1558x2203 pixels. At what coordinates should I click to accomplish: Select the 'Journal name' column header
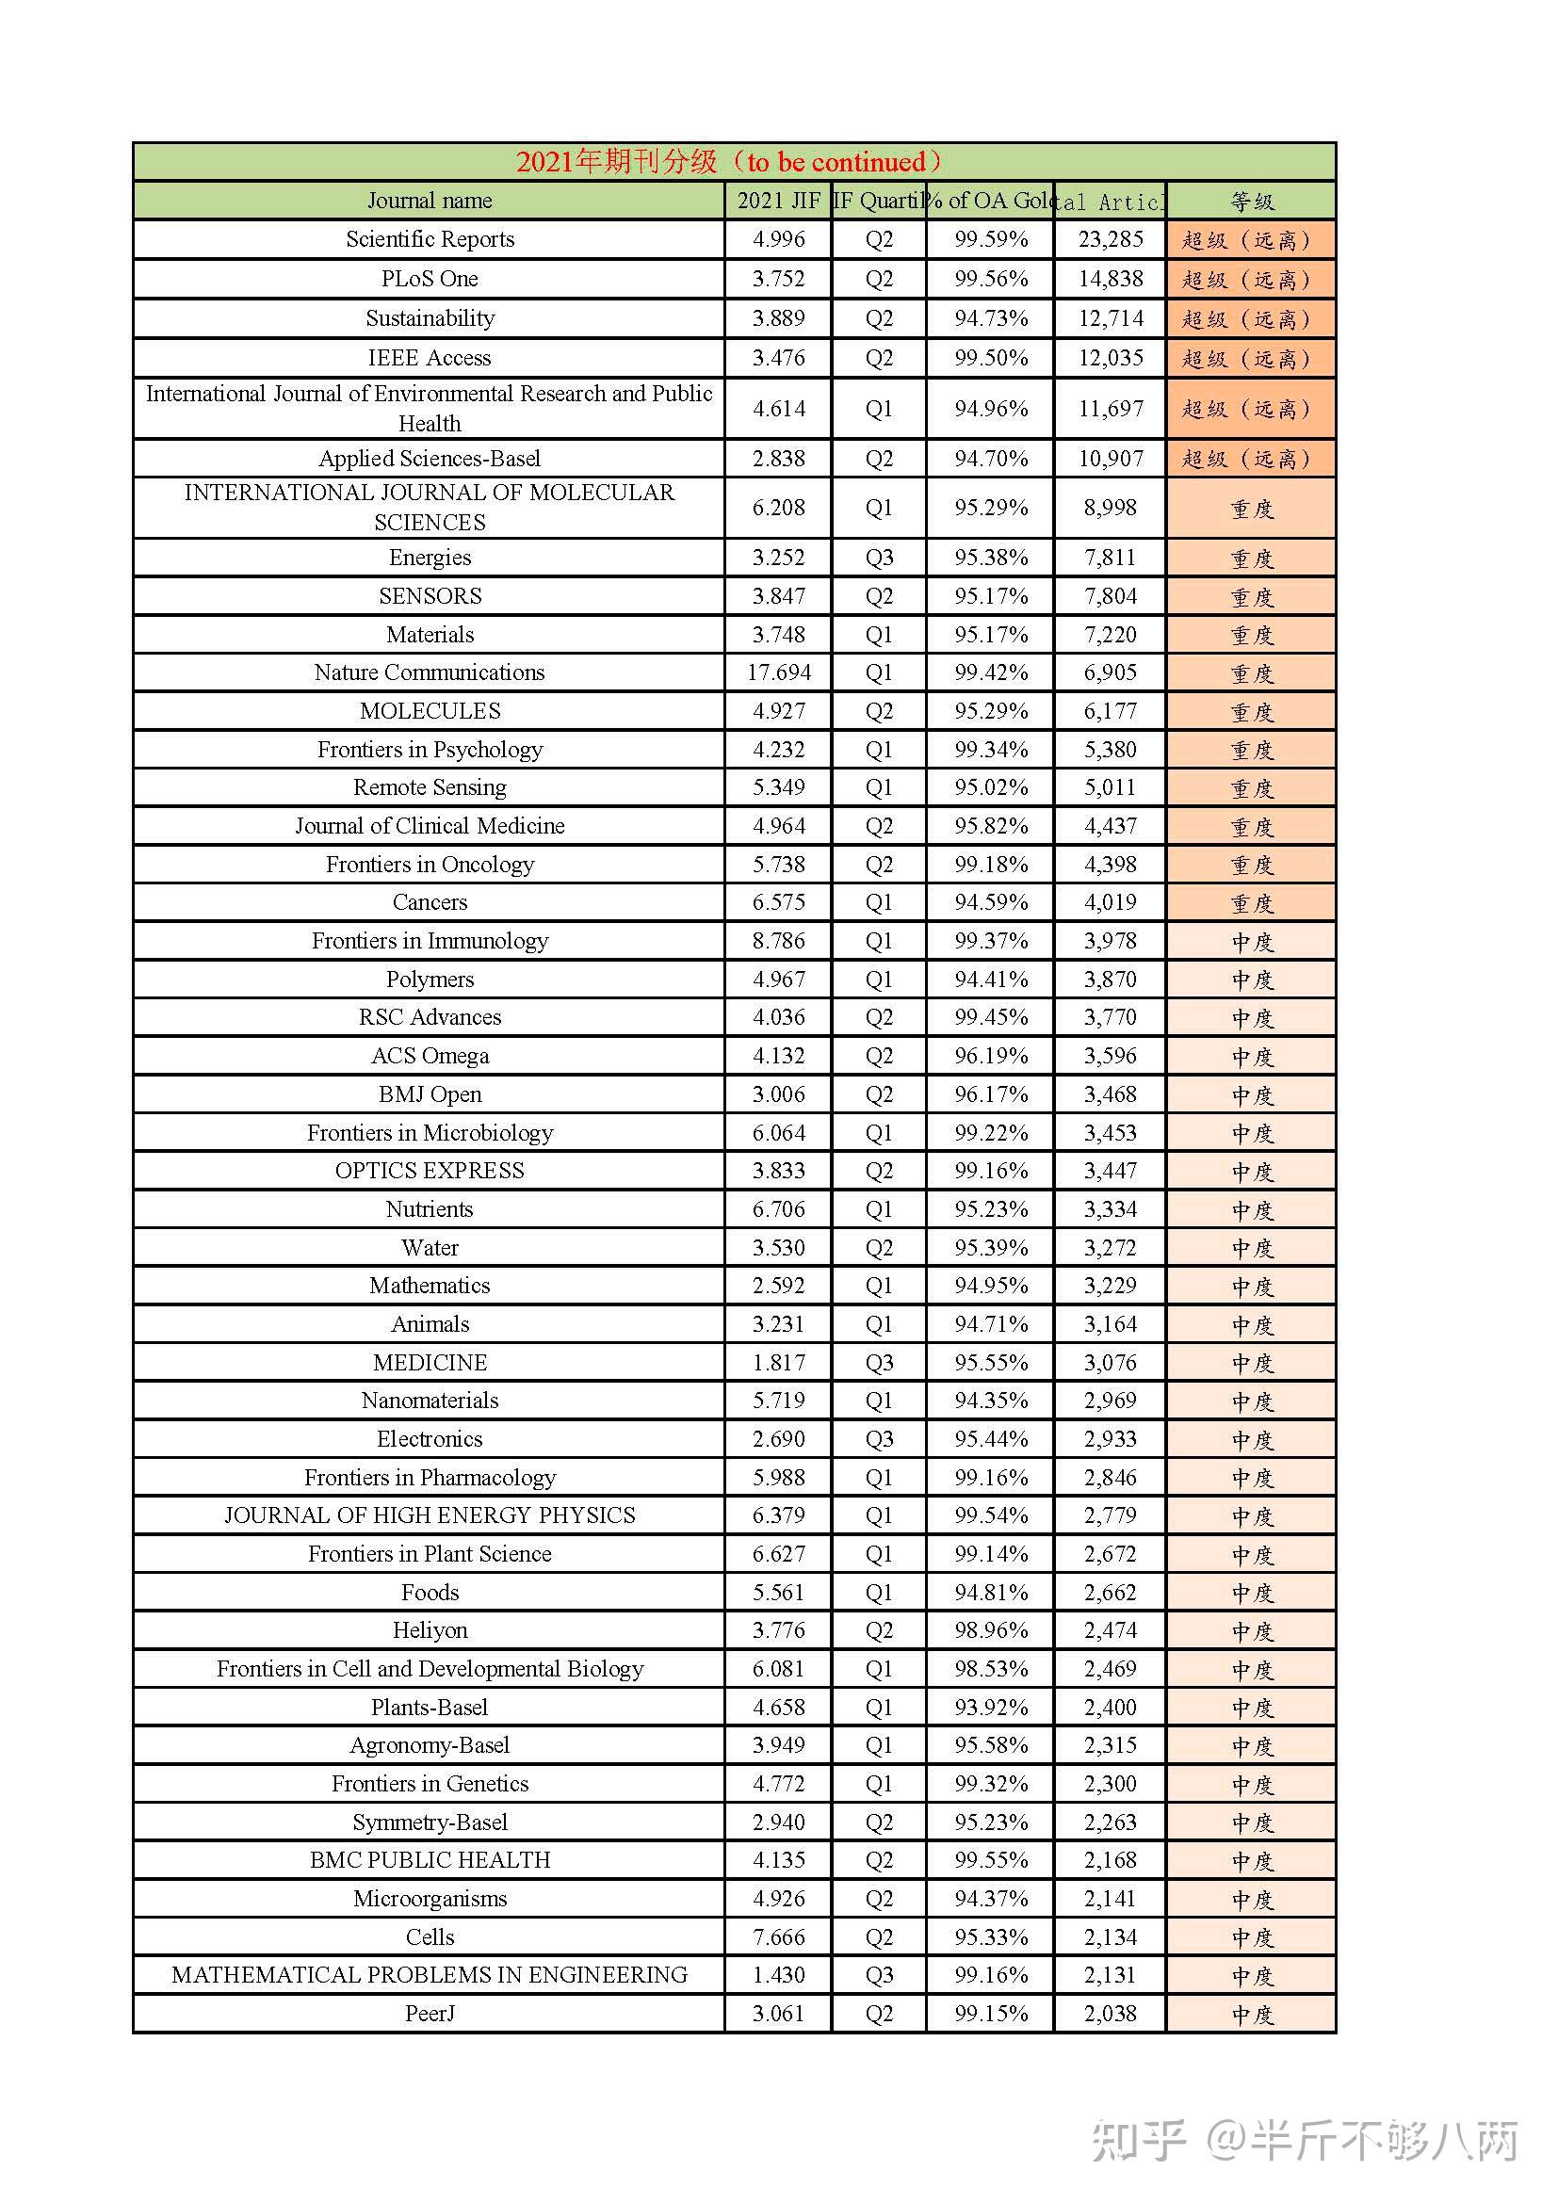pyautogui.click(x=429, y=201)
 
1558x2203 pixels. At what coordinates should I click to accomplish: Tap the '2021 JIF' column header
pyautogui.click(x=778, y=201)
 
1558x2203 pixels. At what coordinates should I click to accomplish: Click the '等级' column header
pyautogui.click(x=1251, y=202)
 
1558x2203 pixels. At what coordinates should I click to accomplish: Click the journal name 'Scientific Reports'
pyautogui.click(x=429, y=239)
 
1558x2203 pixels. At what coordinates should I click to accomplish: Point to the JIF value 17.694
pyautogui.click(x=778, y=672)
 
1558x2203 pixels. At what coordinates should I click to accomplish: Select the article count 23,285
pyautogui.click(x=1110, y=239)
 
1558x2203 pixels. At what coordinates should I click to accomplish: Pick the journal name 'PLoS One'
pyautogui.click(x=429, y=279)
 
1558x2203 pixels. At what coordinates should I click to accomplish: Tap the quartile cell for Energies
pyautogui.click(x=878, y=558)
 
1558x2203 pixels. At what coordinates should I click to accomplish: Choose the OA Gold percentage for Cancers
pyautogui.click(x=990, y=902)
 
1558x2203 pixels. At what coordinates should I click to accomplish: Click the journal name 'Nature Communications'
pyautogui.click(x=429, y=672)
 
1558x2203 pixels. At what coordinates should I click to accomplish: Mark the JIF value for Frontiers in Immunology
pyautogui.click(x=778, y=940)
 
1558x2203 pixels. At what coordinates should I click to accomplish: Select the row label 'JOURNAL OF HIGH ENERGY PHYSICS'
pyautogui.click(x=429, y=1515)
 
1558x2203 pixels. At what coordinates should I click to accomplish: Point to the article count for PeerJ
pyautogui.click(x=1110, y=2013)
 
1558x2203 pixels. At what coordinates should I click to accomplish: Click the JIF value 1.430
pyautogui.click(x=778, y=1975)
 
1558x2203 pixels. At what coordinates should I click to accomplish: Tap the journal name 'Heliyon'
pyautogui.click(x=429, y=1630)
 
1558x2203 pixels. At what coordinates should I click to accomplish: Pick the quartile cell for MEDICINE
pyautogui.click(x=878, y=1363)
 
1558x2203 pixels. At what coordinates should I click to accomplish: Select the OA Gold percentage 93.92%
pyautogui.click(x=990, y=1707)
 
